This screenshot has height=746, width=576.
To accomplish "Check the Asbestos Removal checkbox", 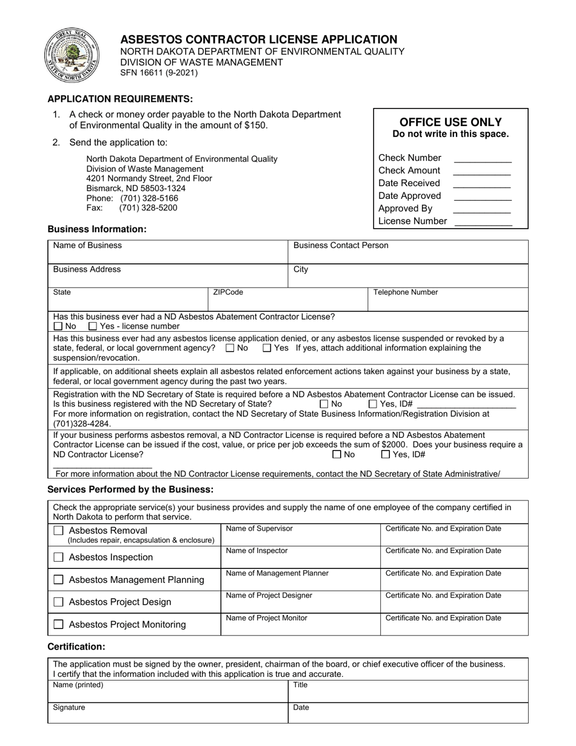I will click(x=58, y=531).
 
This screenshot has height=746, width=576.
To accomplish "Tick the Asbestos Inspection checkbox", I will click(x=58, y=557).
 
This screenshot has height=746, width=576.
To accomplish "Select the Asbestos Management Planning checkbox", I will click(x=58, y=580).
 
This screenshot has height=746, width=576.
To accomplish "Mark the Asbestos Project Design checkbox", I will click(x=58, y=602).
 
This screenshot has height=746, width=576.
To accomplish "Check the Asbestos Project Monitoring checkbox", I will click(x=58, y=624).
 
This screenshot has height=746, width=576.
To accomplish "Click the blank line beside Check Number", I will click(x=482, y=159).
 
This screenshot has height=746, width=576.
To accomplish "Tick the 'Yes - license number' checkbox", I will click(x=93, y=326).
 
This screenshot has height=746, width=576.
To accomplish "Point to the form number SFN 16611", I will click(x=158, y=73).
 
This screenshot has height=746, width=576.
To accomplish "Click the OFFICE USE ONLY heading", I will click(x=450, y=122).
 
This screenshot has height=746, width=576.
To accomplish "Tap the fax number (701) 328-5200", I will click(x=148, y=207).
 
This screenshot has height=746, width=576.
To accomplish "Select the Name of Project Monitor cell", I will click(x=300, y=625).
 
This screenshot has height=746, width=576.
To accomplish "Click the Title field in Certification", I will click(x=407, y=691).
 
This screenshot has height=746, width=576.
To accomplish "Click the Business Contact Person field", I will click(x=407, y=252).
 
